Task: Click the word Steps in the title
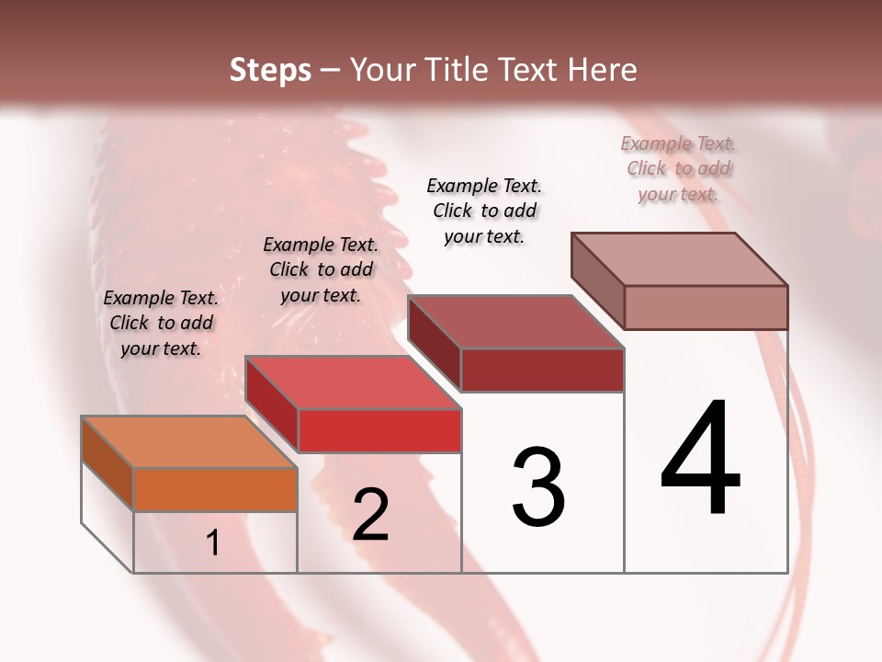tap(270, 70)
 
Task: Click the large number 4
tap(701, 459)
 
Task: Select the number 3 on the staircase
tap(538, 486)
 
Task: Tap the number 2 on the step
tap(371, 515)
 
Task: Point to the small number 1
tap(213, 543)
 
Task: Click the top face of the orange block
tap(188, 442)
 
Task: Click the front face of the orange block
tap(215, 489)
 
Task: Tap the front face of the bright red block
tap(379, 430)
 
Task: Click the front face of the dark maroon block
tap(542, 370)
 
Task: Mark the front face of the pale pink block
tap(706, 307)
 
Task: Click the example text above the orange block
tap(161, 323)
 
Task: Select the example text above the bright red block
tap(321, 269)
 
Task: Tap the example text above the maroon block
tap(485, 211)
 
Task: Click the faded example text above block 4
tap(679, 168)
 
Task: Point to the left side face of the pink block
tap(598, 281)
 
